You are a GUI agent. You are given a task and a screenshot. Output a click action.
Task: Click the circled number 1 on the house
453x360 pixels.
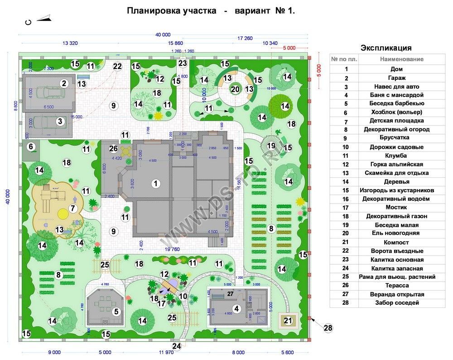156,184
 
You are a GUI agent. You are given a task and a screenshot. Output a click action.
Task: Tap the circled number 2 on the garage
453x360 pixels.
64,83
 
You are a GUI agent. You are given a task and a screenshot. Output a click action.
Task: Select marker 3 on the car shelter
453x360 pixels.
60,121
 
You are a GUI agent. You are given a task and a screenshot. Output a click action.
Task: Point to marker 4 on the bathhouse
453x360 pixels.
236,309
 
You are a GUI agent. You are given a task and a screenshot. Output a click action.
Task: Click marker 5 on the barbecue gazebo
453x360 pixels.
116,311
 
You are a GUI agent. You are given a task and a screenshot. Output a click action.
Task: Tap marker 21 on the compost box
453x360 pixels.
288,321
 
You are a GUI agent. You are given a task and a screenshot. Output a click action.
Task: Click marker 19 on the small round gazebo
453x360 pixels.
271,146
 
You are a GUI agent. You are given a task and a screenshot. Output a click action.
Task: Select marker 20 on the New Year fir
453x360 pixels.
235,89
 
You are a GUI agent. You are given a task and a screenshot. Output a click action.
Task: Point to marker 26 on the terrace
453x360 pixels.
114,148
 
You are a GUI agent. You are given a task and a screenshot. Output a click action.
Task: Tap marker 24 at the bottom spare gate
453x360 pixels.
177,346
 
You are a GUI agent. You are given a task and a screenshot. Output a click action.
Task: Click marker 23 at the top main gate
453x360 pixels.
183,63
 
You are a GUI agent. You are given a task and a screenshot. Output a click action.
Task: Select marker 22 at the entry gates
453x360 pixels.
117,67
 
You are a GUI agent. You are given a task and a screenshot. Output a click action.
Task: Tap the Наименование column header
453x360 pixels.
401,59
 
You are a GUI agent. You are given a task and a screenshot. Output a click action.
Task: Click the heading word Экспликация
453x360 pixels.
386,48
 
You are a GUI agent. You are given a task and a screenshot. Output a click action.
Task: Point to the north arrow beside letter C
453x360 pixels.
43,19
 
